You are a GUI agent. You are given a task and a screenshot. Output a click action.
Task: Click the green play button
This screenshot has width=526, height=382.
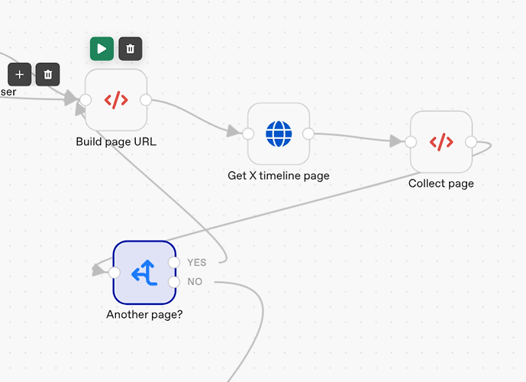102,49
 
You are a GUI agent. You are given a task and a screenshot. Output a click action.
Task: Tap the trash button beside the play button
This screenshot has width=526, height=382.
130,49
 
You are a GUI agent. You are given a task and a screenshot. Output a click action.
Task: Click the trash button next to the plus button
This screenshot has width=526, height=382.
47,74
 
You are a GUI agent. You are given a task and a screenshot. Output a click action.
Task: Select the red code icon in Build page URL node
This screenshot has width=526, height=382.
116,100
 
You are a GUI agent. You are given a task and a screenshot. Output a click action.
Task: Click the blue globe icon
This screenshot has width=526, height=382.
279,134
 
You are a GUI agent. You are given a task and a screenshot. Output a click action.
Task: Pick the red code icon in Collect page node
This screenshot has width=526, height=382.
441,142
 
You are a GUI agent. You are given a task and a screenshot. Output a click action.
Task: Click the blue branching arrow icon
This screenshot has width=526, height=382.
144,273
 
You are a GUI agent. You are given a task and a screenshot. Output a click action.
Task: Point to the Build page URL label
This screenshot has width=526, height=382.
116,141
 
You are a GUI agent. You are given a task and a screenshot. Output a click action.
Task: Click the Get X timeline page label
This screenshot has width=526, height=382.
279,176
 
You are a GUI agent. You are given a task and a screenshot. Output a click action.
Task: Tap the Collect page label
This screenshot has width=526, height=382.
441,183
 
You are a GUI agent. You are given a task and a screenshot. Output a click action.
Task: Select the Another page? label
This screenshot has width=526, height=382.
144,315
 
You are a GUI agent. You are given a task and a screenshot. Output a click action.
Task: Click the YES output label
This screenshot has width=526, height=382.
196,263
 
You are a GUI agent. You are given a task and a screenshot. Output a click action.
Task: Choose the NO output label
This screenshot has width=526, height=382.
195,282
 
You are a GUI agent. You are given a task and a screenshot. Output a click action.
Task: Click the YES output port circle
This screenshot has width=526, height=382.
174,263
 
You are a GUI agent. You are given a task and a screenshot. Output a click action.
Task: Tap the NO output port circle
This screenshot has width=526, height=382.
174,282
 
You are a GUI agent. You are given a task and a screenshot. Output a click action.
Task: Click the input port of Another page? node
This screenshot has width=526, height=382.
115,273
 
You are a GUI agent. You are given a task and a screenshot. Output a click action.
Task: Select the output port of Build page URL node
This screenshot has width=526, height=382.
146,100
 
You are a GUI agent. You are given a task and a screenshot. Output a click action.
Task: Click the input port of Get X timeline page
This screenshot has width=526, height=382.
248,134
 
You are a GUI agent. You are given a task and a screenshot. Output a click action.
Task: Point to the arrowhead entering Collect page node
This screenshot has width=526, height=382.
396,141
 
